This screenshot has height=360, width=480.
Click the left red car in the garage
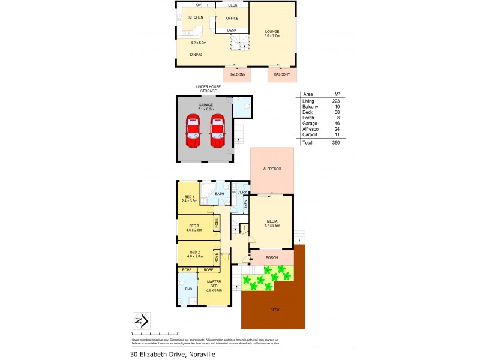pyautogui.click(x=193, y=131)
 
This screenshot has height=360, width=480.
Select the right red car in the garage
pyautogui.click(x=217, y=131)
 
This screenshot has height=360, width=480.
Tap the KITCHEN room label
pyautogui.click(x=196, y=17)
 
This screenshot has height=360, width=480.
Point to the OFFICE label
pyautogui.click(x=232, y=18)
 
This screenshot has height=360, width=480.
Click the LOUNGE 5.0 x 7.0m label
pyautogui.click(x=273, y=34)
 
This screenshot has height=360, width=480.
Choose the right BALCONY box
pyautogui.click(x=282, y=74)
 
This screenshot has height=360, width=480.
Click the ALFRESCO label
pyautogui.click(x=272, y=170)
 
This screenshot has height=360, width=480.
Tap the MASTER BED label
pyautogui.click(x=214, y=284)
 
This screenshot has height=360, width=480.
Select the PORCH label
pyautogui.click(x=272, y=258)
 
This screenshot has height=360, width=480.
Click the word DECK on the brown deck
pyautogui.click(x=275, y=310)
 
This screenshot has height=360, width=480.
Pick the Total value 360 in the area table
pyautogui.click(x=336, y=143)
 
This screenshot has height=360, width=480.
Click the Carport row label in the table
pyautogui.click(x=311, y=135)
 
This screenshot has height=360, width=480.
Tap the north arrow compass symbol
pyautogui.click(x=141, y=321)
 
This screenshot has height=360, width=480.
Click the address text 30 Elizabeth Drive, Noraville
pyautogui.click(x=173, y=354)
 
